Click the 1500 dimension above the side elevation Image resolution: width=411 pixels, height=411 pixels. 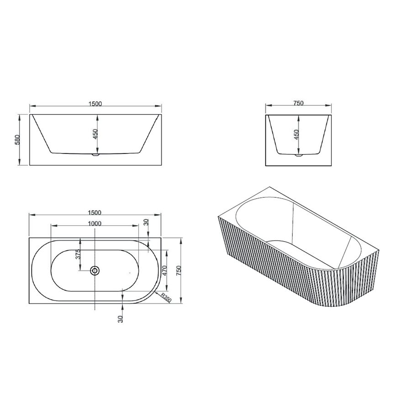[x=95, y=104]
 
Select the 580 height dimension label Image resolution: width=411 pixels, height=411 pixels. [x=17, y=140]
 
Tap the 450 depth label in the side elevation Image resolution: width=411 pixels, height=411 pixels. [x=95, y=134]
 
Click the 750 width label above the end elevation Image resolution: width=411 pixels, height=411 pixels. [x=298, y=103]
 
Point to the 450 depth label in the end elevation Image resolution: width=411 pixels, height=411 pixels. [x=296, y=135]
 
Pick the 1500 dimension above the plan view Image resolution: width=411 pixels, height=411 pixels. [x=95, y=212]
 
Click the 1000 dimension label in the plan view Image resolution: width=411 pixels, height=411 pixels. [x=95, y=224]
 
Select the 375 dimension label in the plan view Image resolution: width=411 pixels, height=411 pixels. [x=78, y=254]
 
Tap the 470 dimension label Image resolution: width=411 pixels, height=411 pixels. [x=164, y=270]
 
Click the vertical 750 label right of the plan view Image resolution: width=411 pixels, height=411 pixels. [x=179, y=270]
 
